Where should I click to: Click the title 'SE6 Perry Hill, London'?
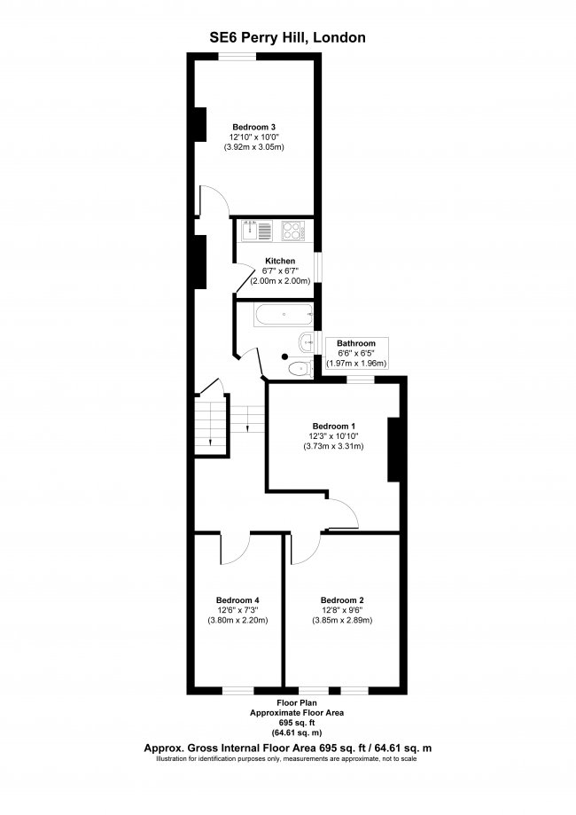click(x=287, y=37)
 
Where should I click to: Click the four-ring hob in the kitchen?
click(x=292, y=231)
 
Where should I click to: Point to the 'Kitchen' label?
click(x=280, y=261)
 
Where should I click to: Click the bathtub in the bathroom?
click(x=280, y=313)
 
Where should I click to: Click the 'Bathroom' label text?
click(x=356, y=343)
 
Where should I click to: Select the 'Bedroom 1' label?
click(x=328, y=425)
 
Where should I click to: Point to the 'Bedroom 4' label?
click(x=237, y=599)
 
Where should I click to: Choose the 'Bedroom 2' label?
click(x=342, y=599)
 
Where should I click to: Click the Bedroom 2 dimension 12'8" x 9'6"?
click(x=342, y=610)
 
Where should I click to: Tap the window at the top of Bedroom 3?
click(x=238, y=57)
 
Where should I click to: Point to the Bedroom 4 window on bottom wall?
click(x=237, y=690)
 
